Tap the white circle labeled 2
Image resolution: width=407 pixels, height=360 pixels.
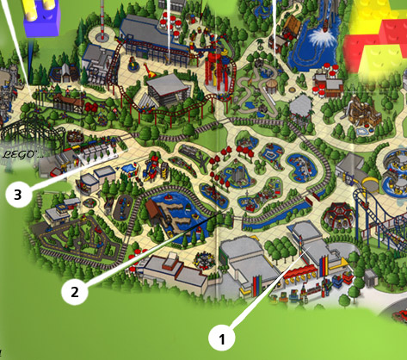pos(74,291)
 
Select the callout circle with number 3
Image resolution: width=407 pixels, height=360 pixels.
pos(17,195)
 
